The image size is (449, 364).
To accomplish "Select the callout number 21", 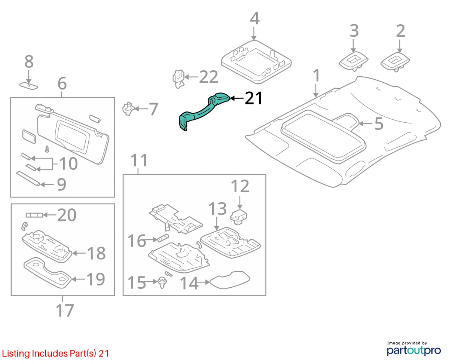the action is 254,98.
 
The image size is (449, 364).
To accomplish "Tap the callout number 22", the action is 208,77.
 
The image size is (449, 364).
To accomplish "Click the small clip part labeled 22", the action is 178,79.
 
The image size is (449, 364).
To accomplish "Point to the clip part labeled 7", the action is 128,109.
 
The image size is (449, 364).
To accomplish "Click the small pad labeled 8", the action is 29,86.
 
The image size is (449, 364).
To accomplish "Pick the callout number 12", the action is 240,186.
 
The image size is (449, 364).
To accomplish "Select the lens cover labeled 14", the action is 229,280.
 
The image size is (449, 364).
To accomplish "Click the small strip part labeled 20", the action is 34,215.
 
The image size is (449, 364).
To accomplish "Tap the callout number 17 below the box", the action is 65,310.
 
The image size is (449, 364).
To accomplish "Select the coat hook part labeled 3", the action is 354,61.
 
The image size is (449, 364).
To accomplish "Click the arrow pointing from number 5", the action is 366,124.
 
